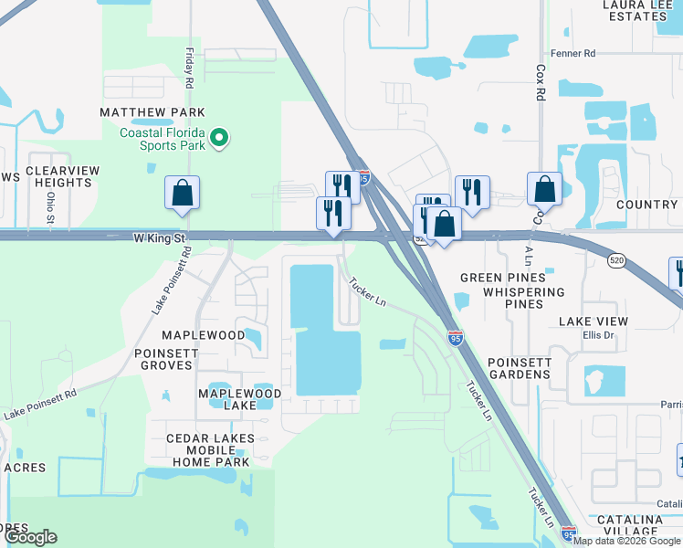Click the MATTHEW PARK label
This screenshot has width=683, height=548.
[152, 111]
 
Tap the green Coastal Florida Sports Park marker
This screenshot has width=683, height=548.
[219, 139]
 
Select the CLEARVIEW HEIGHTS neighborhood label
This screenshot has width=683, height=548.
[59, 176]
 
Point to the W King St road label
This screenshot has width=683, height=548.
[160, 237]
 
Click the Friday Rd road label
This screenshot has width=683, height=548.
[189, 68]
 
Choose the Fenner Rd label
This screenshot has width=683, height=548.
[573, 54]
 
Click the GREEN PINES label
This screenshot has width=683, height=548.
[502, 278]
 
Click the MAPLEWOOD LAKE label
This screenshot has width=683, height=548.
[240, 399]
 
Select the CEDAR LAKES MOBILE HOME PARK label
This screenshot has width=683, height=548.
[208, 450]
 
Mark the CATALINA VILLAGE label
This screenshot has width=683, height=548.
[629, 525]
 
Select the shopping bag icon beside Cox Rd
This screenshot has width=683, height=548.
[544, 188]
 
